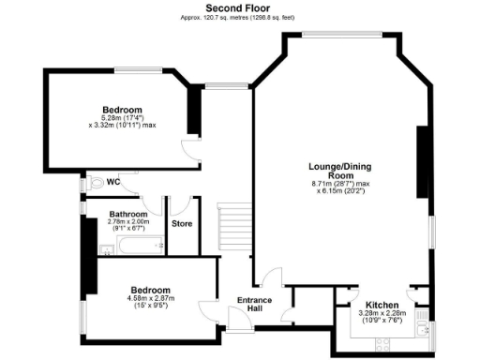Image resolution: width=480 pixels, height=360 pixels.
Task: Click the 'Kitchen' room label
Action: click(382, 306)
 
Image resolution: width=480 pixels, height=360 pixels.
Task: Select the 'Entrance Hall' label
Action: click(254, 305)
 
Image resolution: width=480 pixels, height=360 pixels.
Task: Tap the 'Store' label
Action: click(182, 224)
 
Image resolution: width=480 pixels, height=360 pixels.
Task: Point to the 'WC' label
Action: click(112, 181)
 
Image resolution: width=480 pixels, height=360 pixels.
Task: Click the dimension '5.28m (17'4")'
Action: click(122, 117)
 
